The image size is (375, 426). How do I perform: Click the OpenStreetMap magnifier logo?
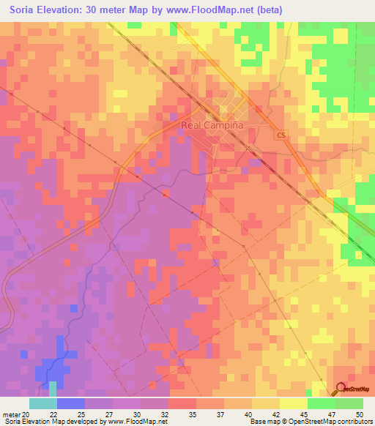341,389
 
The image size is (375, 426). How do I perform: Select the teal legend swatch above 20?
42,403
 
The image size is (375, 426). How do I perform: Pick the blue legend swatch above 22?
70,403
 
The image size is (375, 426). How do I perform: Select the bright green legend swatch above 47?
321,403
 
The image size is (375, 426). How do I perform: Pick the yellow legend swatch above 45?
293,403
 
